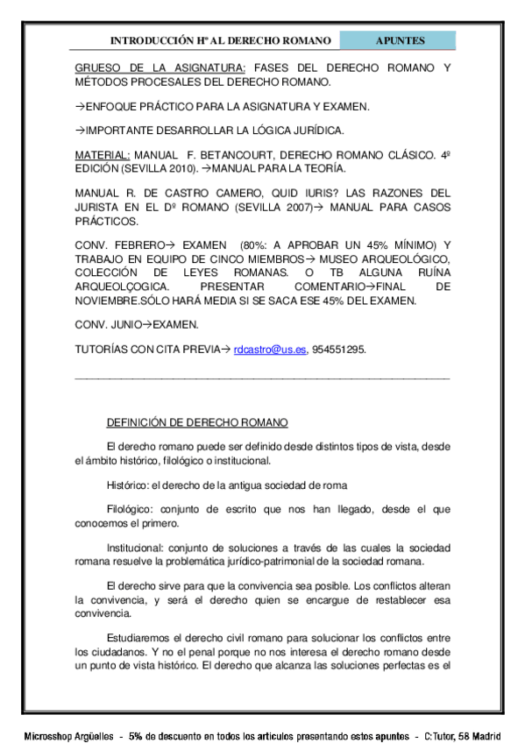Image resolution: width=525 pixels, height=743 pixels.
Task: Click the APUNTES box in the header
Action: tap(400, 41)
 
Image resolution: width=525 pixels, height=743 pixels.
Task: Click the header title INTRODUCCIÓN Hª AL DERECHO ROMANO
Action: tap(220, 41)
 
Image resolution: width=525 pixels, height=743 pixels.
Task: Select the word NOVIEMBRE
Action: tap(110, 301)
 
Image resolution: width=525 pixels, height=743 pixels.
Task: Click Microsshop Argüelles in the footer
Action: tap(72, 732)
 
